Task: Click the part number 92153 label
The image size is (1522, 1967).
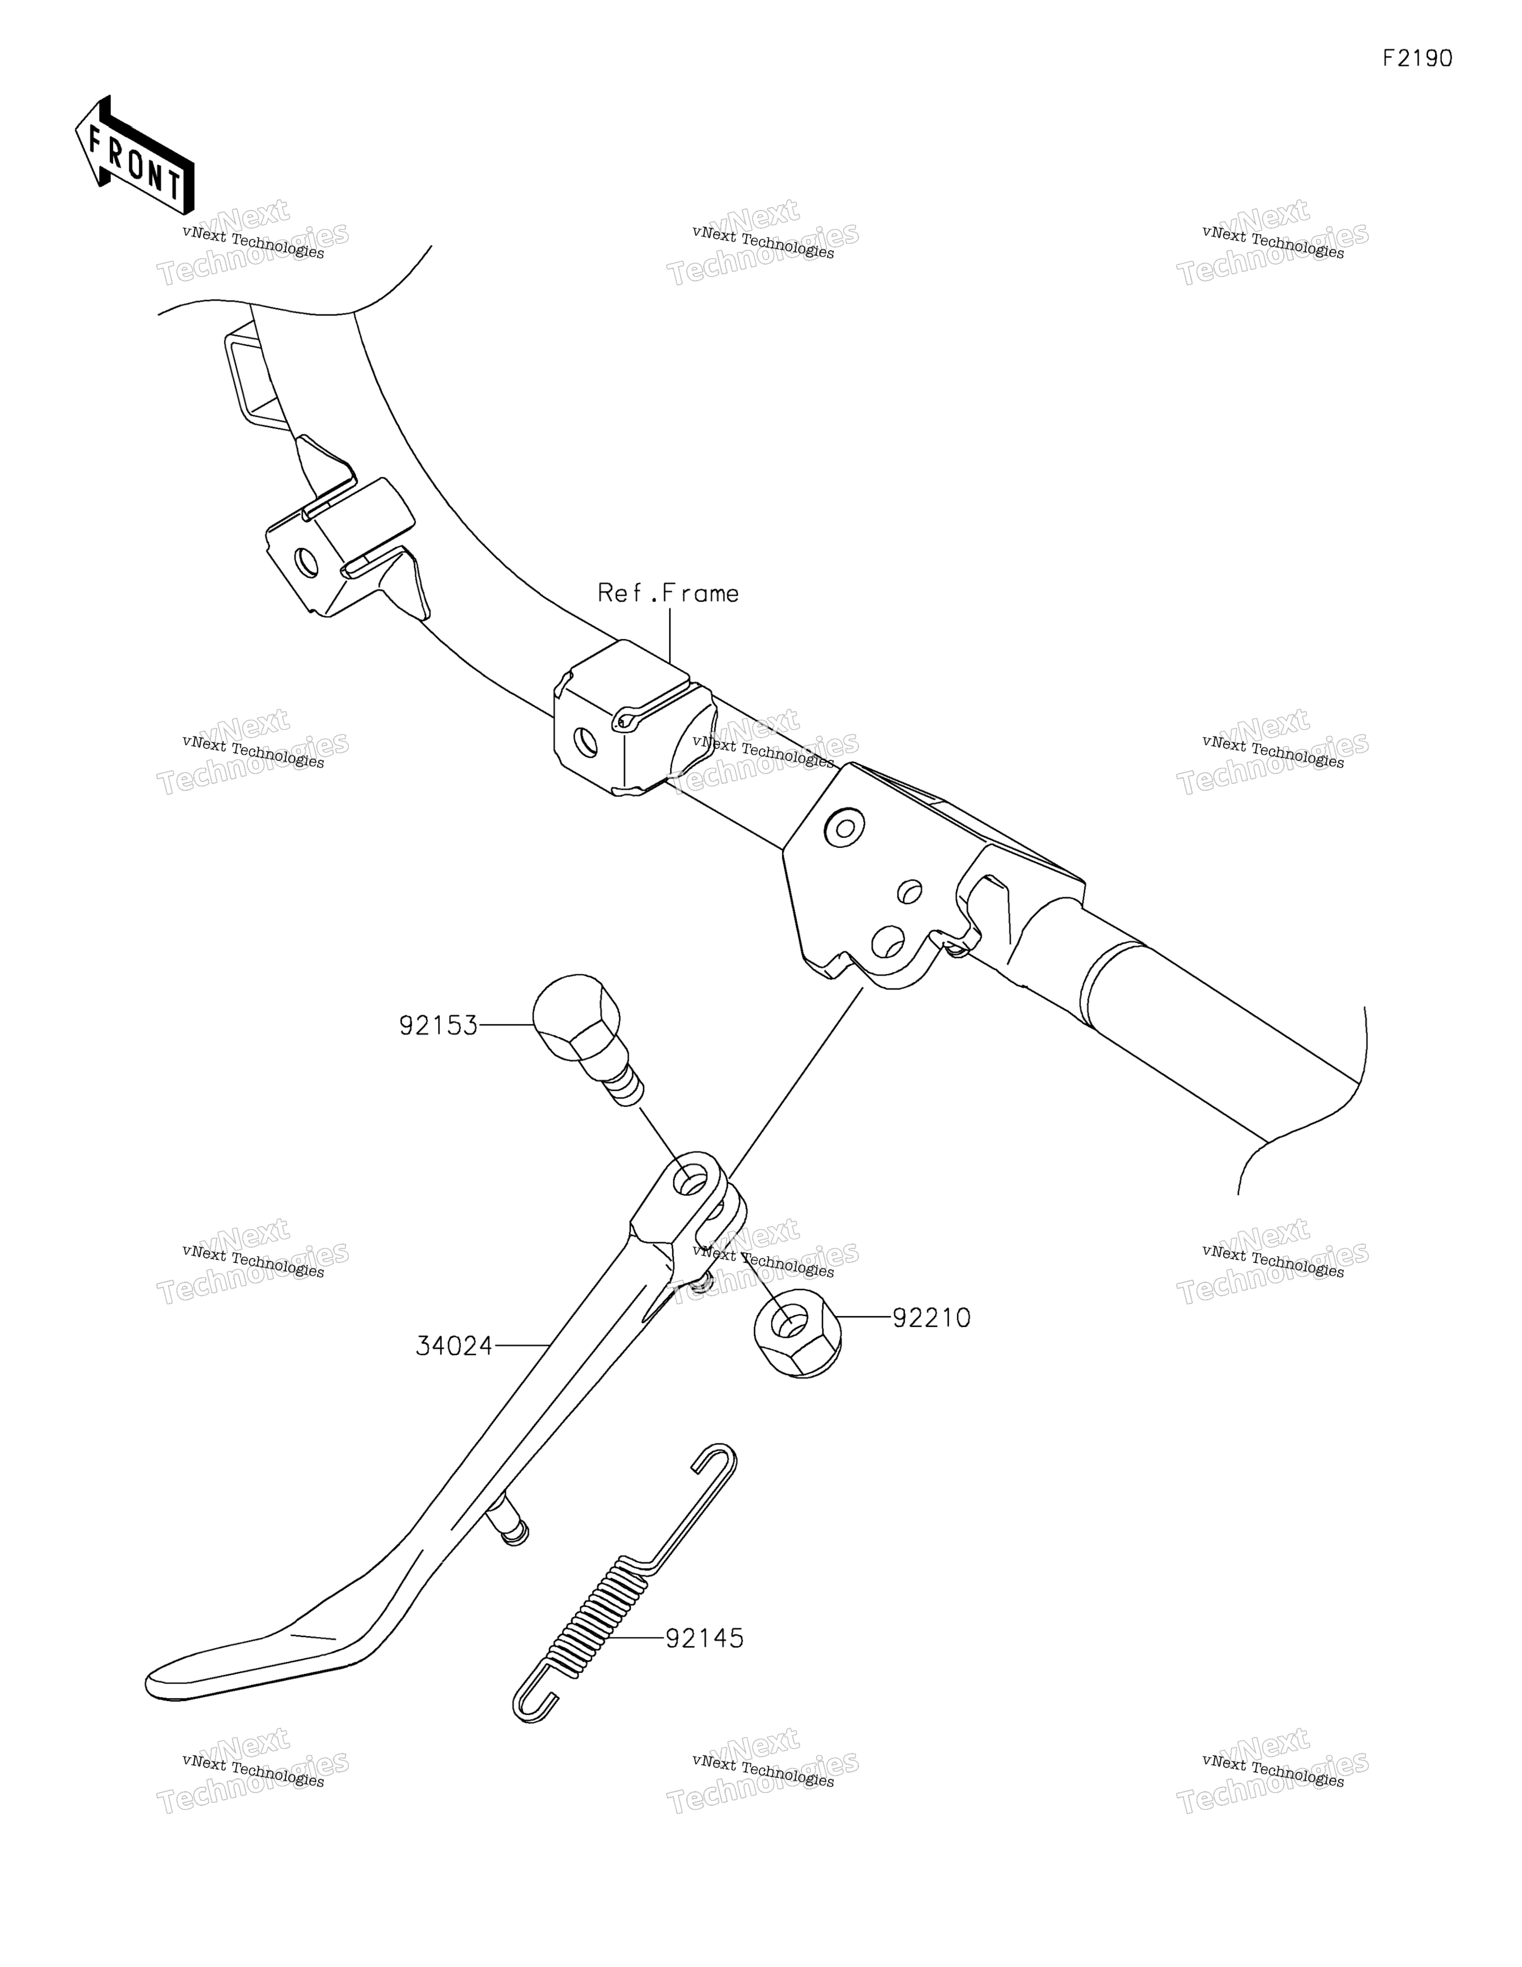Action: pos(438,1026)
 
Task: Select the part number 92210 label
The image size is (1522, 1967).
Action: pos(931,1319)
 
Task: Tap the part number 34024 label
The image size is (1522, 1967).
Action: pos(455,1347)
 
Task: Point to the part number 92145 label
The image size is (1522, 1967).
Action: pos(705,1638)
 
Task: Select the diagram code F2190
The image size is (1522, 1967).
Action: pos(1418,58)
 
